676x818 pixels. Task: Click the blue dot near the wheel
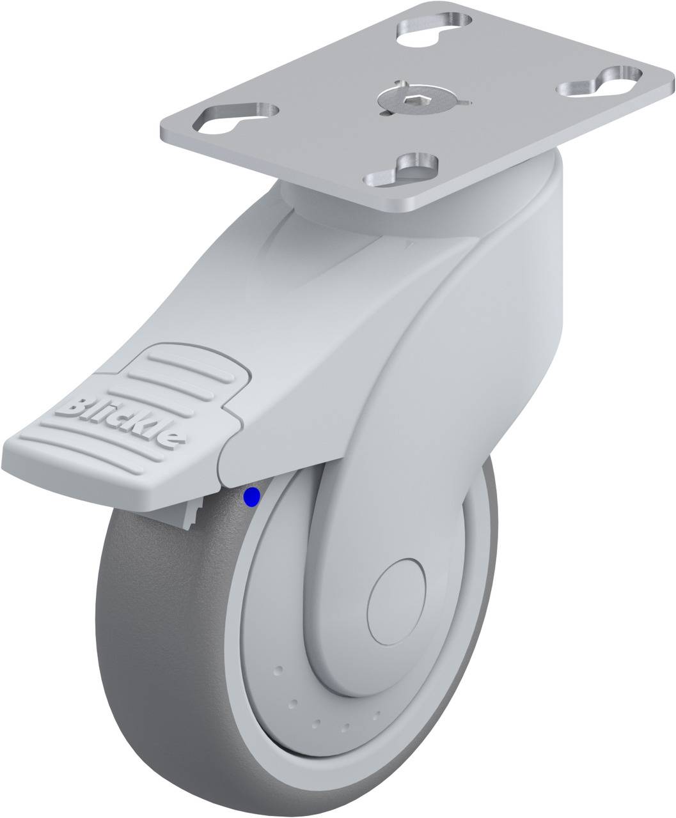pos(251,497)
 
